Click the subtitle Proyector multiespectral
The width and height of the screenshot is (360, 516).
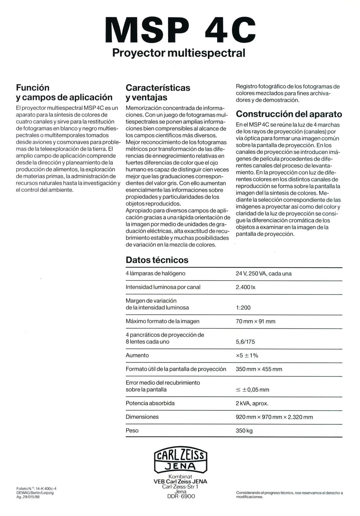click(x=179, y=53)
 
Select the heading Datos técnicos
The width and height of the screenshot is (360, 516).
click(x=157, y=260)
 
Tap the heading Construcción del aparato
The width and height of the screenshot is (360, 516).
click(x=289, y=114)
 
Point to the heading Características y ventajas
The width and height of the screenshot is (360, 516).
click(x=158, y=92)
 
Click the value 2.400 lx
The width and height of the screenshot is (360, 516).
click(x=245, y=287)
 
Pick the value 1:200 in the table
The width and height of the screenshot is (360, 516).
click(x=243, y=307)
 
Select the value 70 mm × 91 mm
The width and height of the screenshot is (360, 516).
click(x=255, y=321)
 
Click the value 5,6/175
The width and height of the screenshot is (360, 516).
click(x=245, y=342)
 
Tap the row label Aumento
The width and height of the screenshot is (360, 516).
click(x=137, y=355)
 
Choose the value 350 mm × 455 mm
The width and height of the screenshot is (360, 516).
click(x=259, y=369)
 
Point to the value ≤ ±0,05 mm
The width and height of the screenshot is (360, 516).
click(x=252, y=390)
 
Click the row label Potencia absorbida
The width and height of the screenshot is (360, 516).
click(x=150, y=403)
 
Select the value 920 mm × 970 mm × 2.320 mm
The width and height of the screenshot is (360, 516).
click(x=274, y=417)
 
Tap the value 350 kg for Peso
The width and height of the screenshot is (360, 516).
click(x=244, y=431)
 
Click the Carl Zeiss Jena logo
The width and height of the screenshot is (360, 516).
click(x=180, y=461)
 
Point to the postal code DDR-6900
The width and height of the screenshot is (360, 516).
click(x=181, y=496)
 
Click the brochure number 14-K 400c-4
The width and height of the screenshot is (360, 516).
click(x=46, y=488)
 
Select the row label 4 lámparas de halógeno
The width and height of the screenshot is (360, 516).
click(x=155, y=273)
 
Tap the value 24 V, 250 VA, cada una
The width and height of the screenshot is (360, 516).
click(x=263, y=274)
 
